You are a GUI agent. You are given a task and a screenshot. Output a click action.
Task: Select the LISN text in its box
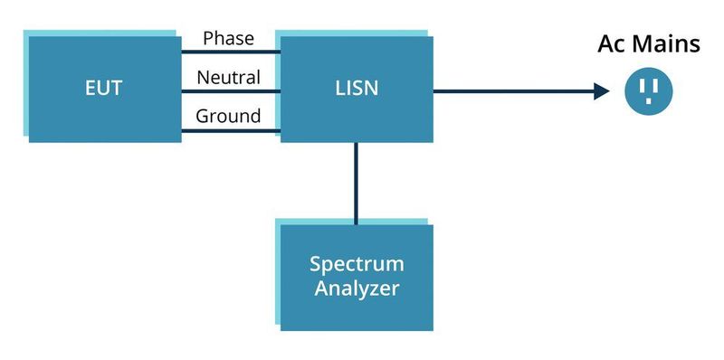tap(356, 89)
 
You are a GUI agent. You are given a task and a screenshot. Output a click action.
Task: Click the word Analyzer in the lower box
tap(356, 290)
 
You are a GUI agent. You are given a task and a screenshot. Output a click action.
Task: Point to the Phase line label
tap(228, 39)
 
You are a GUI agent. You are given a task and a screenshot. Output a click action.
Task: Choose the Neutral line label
tap(228, 78)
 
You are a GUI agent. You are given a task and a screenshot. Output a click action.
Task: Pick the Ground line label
tap(228, 117)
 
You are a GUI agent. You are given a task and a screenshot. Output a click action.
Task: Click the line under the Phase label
tap(229, 52)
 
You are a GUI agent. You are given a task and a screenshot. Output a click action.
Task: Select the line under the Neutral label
tap(229, 91)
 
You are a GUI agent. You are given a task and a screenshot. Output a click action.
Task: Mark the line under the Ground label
tap(229, 131)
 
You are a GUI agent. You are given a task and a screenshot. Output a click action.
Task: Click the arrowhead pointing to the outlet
tap(600, 90)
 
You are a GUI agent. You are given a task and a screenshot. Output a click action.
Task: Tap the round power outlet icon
tap(649, 90)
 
